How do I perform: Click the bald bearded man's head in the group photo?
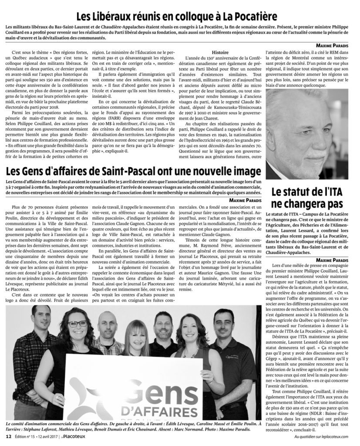click(106, 324)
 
